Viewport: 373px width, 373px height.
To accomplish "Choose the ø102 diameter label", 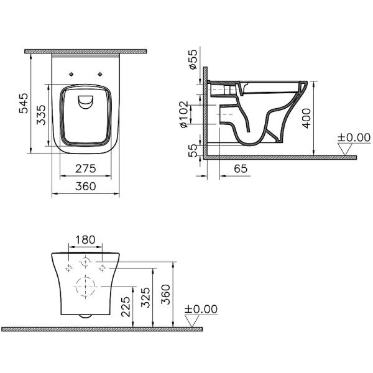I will tap(184, 115).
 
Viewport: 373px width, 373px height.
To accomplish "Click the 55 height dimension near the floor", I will tap(194, 150).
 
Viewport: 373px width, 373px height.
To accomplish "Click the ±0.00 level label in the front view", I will tap(202, 309).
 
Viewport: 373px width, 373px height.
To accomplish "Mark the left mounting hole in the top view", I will tap(73, 72).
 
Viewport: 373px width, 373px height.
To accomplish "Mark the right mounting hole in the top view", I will tap(99, 72).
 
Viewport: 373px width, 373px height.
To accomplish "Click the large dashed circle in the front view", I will tap(85, 287).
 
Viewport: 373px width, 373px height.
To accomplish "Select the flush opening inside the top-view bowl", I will tap(85, 103).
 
